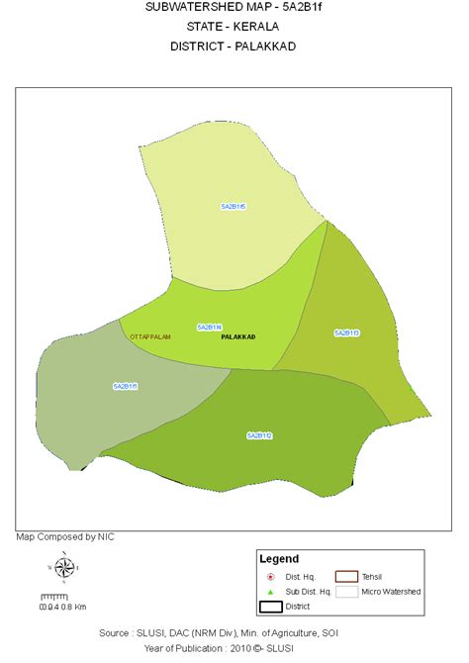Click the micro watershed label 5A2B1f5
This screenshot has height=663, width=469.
234,206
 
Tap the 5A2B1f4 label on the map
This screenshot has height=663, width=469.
209,327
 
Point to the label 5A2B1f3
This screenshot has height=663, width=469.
346,332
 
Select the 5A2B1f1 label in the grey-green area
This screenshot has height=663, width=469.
125,386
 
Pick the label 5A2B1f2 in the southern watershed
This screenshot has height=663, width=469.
259,435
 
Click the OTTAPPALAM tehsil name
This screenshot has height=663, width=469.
150,337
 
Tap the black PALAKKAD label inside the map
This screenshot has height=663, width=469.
238,337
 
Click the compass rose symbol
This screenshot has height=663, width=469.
63,568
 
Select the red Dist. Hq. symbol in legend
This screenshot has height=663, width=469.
270,576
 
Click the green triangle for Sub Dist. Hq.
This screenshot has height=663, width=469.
270,591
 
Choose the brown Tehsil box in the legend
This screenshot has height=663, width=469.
345,576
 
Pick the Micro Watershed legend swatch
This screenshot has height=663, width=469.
345,591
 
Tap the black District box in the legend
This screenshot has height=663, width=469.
270,607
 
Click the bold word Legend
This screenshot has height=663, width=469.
278,559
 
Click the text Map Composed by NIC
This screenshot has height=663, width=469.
65,536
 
